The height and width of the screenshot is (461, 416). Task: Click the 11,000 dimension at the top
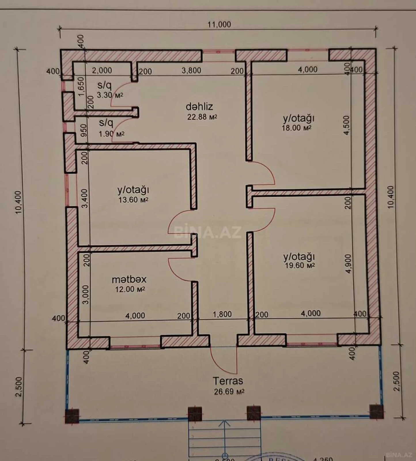click(x=219, y=24)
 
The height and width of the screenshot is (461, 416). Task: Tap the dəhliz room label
click(x=199, y=107)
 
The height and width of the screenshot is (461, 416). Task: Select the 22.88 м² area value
click(x=202, y=117)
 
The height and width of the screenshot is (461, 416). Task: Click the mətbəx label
click(x=129, y=279)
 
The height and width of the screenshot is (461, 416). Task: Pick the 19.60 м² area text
click(x=299, y=265)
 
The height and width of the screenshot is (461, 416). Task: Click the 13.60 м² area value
click(x=133, y=200)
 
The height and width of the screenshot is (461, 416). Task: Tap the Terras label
click(x=228, y=381)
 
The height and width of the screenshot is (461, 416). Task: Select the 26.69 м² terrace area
click(x=229, y=392)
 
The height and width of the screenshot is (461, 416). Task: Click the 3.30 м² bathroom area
click(x=110, y=95)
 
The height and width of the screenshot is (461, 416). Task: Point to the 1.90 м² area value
click(x=111, y=134)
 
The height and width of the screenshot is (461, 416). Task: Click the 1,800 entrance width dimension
click(x=222, y=314)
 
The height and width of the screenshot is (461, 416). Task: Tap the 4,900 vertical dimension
click(x=348, y=264)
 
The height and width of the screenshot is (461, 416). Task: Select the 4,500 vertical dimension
click(x=347, y=125)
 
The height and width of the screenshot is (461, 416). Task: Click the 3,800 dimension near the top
click(x=191, y=70)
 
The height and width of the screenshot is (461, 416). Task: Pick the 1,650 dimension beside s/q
click(x=82, y=86)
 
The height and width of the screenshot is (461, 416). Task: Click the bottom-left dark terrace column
click(x=72, y=416)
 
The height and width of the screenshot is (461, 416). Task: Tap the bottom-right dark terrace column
click(x=376, y=411)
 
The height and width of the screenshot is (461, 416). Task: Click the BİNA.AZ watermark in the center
click(x=207, y=232)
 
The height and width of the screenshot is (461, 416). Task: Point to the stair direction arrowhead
click(x=225, y=423)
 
